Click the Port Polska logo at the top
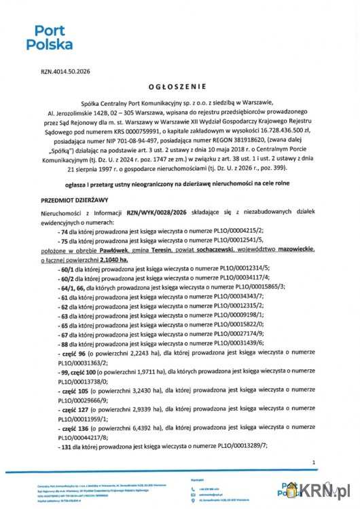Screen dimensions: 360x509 (x=49, y=38)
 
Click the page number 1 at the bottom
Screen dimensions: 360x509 (x=314, y=463)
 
